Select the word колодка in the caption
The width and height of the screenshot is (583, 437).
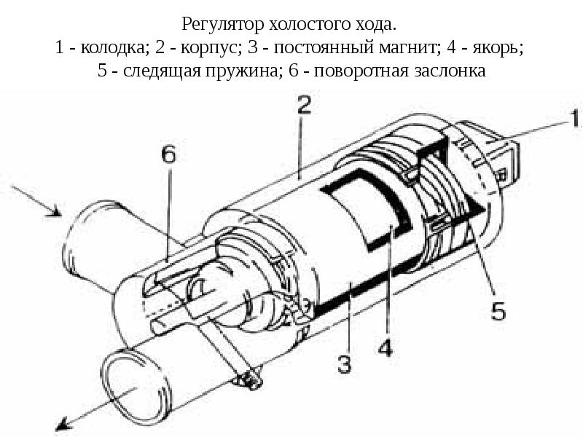pos(109,49)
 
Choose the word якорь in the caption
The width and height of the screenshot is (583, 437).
pos(497,49)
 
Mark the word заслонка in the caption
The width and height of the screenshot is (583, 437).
pos(447,72)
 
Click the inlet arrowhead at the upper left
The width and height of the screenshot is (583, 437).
pos(53,211)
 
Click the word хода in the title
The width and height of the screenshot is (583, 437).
pos(379,25)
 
